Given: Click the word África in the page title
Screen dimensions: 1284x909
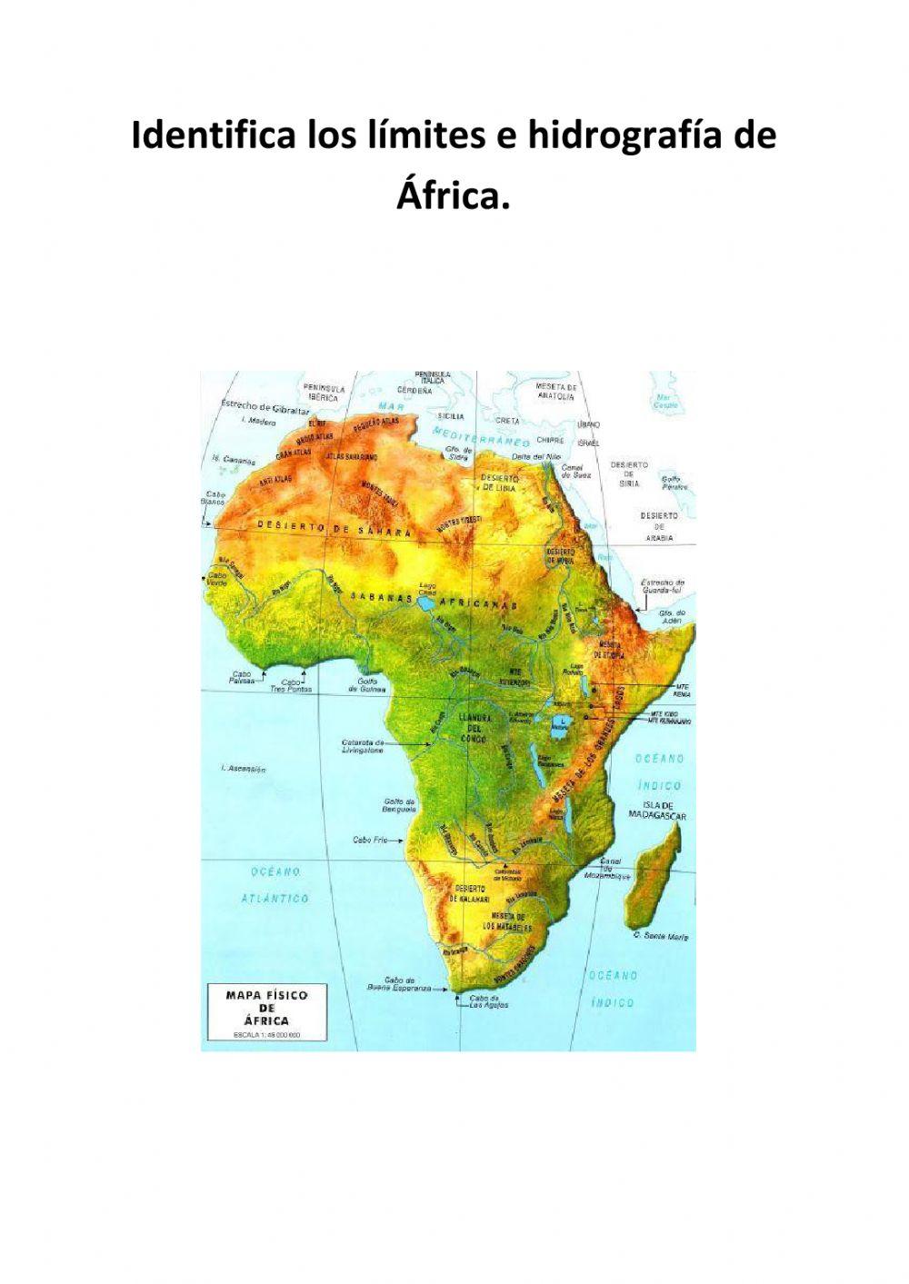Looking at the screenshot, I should tap(452, 194).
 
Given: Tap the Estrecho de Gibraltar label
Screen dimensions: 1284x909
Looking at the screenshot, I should tap(265, 406).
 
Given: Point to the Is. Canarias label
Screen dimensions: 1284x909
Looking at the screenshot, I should tap(233, 460).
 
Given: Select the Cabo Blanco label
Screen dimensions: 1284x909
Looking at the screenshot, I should tap(216, 499).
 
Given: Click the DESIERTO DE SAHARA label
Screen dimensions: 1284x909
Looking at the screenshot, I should tap(335, 527).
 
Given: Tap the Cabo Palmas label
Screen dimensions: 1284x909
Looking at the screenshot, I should tap(241, 678).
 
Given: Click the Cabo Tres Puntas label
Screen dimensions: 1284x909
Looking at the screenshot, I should tap(295, 686).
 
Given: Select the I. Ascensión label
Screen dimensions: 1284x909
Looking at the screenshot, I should tap(244, 770).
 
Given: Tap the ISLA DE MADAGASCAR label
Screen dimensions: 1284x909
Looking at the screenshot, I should tap(657, 811).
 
